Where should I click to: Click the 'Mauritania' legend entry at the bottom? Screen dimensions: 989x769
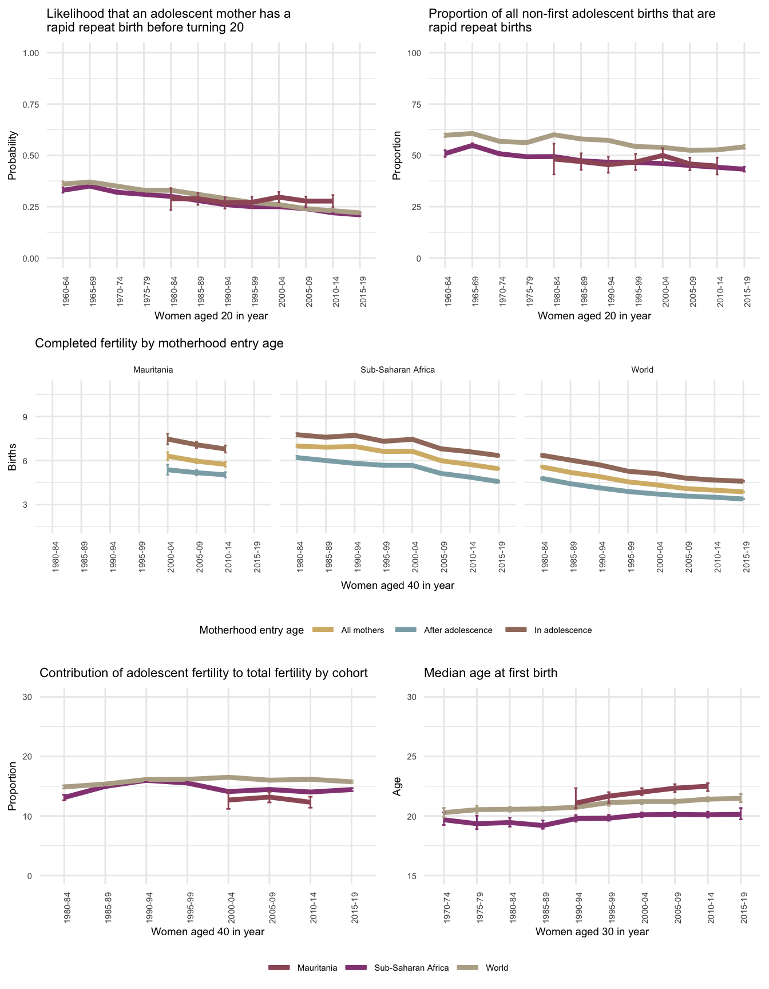coord(316,968)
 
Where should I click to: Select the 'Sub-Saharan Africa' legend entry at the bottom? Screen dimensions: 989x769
coord(411,968)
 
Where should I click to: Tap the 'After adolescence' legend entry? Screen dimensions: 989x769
coord(458,630)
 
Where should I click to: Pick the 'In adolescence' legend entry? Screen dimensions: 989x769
coord(562,630)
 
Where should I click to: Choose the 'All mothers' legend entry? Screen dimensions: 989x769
coord(362,630)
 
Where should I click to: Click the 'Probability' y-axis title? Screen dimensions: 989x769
coord(12,156)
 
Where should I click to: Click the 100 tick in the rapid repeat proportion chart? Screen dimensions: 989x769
coord(414,53)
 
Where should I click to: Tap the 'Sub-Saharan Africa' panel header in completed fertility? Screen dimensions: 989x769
coord(398,370)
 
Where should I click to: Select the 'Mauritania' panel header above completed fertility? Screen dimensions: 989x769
coord(153,370)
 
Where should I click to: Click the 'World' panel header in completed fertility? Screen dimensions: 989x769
coord(642,370)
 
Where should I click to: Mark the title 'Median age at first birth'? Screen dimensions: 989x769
coord(490,673)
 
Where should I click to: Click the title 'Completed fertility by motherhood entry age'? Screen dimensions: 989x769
coord(159,343)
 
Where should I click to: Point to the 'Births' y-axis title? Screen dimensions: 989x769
coord(12,461)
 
